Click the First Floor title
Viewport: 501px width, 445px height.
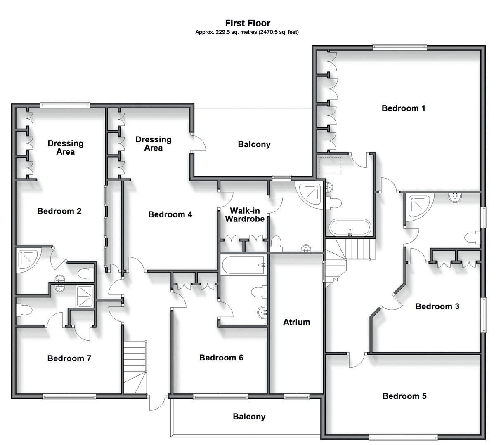[248, 23]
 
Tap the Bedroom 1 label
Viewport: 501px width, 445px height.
[403, 108]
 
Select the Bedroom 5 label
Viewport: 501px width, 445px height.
[404, 396]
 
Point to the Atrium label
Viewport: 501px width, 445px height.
[296, 322]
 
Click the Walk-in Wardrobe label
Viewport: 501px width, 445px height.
[244, 215]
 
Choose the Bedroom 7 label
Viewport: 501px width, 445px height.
[69, 358]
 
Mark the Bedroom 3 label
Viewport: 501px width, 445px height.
[437, 306]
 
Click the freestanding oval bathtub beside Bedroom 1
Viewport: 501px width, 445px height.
[350, 228]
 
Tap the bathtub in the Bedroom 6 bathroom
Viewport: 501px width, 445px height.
[243, 265]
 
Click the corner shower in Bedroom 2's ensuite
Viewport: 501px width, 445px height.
[28, 259]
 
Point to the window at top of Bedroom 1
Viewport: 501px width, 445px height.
[399, 47]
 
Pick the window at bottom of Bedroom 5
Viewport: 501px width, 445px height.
[404, 437]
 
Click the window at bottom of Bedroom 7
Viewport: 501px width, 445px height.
[69, 396]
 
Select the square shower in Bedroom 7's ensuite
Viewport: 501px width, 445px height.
[85, 296]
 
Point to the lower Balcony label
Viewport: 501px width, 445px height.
[249, 417]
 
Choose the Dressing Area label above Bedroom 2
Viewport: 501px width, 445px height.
[65, 147]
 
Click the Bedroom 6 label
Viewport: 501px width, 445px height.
[221, 358]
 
